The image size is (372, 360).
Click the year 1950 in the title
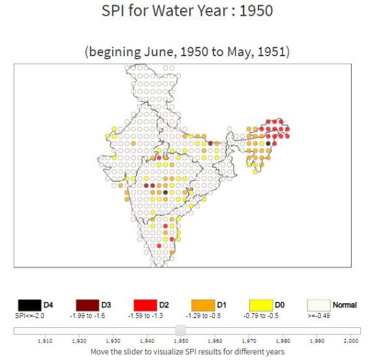click(255, 11)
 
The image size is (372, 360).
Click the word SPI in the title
click(115, 11)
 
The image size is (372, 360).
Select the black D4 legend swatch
click(29, 305)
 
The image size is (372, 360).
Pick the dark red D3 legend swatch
click(87, 305)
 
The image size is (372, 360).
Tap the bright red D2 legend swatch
click(144, 305)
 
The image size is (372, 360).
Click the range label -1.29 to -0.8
click(203, 316)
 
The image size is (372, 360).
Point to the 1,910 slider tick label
click(46, 341)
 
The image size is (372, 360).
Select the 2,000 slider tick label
click(351, 341)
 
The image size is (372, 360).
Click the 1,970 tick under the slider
click(249, 341)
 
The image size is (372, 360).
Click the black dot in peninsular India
click(166, 192)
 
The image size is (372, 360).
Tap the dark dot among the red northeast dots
click(268, 143)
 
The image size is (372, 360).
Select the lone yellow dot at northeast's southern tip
click(255, 171)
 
